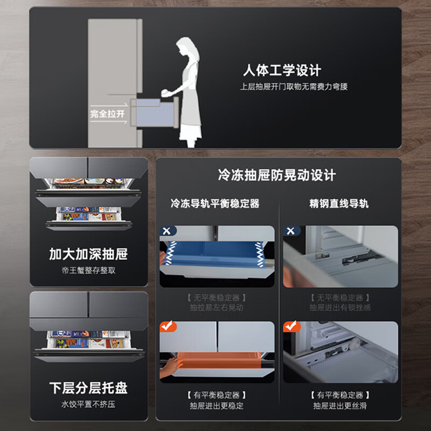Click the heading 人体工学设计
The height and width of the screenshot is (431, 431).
(x=281, y=70)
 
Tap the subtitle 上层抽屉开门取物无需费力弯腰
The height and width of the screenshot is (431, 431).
(x=294, y=86)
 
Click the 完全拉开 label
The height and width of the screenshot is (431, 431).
(x=107, y=114)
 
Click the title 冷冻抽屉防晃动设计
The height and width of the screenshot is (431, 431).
(x=277, y=175)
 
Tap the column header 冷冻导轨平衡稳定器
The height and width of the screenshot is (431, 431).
(x=215, y=203)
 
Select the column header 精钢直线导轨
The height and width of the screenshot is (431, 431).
(x=339, y=203)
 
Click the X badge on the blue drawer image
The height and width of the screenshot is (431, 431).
(x=167, y=231)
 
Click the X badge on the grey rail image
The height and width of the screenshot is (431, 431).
(x=291, y=231)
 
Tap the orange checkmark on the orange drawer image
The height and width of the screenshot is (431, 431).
(x=168, y=326)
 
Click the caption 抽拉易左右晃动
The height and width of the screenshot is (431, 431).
(x=217, y=308)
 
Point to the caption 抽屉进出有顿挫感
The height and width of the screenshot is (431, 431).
(x=340, y=308)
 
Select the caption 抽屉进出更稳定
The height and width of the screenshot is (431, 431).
(x=217, y=406)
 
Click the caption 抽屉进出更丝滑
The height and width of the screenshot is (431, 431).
(x=340, y=406)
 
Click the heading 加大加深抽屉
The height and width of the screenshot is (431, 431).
(x=88, y=254)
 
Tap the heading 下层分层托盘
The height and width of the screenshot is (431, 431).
(x=88, y=388)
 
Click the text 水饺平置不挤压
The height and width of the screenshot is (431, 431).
(x=88, y=404)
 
